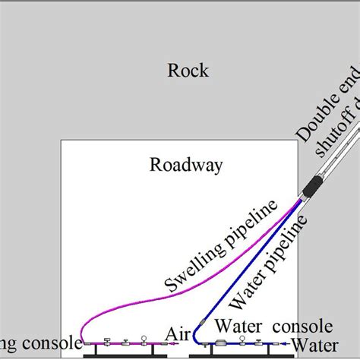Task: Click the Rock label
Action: coord(188,71)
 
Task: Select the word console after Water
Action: coord(303,327)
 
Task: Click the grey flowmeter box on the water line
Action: coord(221,343)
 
